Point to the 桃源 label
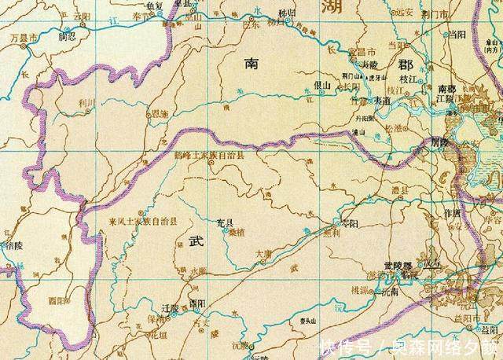click(360, 289)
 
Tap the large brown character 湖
click(346, 8)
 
